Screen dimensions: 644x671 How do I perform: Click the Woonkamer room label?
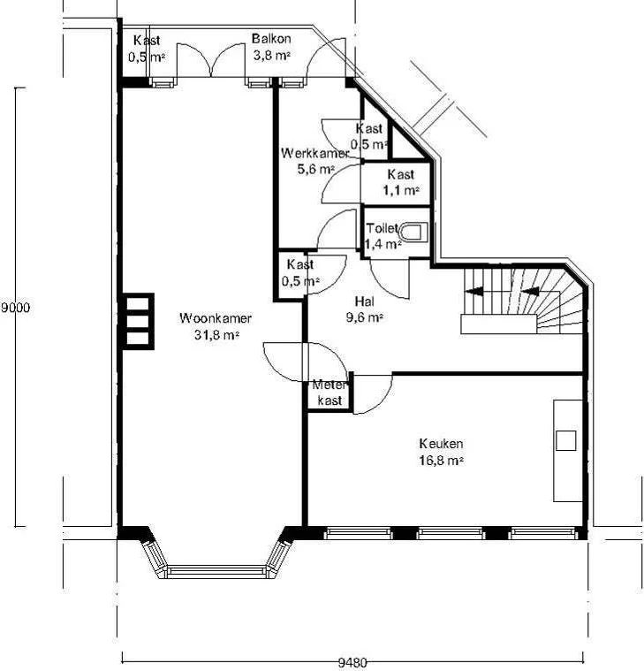coord(216,318)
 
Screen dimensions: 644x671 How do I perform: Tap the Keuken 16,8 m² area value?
coord(442,461)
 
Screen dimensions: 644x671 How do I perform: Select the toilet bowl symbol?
coord(413,233)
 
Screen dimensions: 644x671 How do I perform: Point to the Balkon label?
coord(271,39)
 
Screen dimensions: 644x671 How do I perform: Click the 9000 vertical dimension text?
coord(15,308)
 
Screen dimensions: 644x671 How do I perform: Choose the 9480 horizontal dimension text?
coord(352,663)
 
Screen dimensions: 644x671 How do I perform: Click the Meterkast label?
coord(330,393)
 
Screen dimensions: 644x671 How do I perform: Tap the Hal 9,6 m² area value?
coord(364,317)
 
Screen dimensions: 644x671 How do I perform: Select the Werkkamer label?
coord(315,153)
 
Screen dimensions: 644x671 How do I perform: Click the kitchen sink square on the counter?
coord(565,441)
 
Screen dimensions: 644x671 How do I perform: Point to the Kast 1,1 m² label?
coord(401,182)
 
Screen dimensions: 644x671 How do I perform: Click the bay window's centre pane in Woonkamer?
coord(216,572)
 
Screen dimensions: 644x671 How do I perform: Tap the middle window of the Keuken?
coord(451,533)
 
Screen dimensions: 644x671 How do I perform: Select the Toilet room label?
coord(382,228)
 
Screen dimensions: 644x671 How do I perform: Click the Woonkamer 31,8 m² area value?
coord(216,335)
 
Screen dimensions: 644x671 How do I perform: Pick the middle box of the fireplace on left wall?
coord(138,322)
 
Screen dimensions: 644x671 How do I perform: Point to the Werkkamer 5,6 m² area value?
coord(315,170)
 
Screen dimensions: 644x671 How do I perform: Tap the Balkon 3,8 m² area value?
coord(272,55)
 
